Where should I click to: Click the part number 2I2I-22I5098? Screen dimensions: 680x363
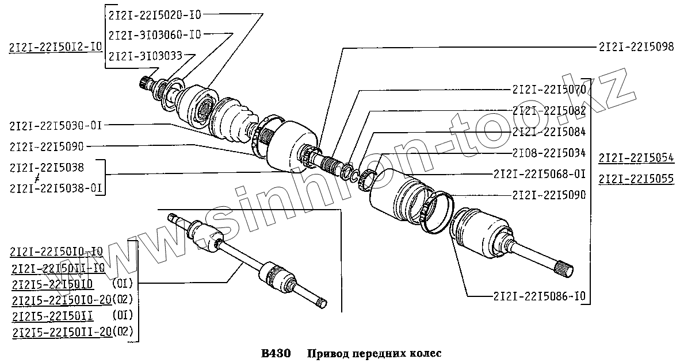pos(636,47)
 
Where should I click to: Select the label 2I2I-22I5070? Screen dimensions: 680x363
pos(549,90)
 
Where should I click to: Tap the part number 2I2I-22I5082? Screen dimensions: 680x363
pos(549,111)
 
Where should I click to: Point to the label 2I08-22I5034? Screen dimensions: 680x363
pos(549,153)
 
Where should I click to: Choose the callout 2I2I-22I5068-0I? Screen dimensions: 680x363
pos(540,173)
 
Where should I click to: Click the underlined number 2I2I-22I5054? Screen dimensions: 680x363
pos(636,157)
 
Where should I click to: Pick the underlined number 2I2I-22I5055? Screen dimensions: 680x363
pos(636,179)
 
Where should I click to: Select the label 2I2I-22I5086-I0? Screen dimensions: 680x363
pos(540,297)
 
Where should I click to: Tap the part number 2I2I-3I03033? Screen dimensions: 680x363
pos(145,55)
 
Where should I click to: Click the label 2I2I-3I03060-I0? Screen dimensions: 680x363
pos(154,34)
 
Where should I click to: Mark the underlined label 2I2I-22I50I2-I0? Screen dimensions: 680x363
pos(56,47)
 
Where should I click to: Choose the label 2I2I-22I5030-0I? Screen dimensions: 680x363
pos(56,124)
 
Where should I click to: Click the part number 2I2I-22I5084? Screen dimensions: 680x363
pos(549,132)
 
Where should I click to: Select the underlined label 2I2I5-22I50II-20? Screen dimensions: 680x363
pos(62,332)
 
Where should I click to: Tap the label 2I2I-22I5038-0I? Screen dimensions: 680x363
pos(56,188)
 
